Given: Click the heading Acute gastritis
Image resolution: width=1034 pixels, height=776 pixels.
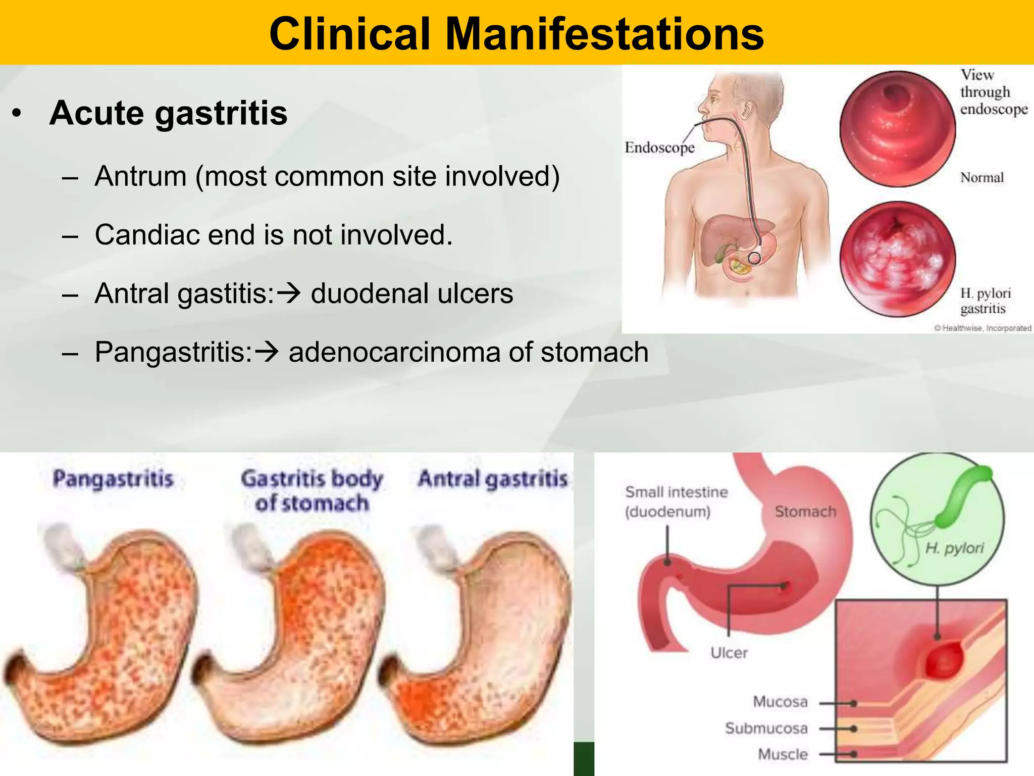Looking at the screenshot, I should tap(169, 113).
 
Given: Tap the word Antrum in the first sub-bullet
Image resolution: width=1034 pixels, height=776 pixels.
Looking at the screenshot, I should tap(140, 176).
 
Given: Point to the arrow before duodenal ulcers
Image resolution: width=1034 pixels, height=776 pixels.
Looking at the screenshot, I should tap(290, 293).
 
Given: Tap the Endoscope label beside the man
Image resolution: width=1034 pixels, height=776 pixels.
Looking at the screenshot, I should tap(659, 148).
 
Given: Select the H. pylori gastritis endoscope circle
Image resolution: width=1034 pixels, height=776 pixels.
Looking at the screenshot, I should tap(897, 259).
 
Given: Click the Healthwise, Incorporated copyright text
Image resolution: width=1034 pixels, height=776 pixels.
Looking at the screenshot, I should tap(983, 328).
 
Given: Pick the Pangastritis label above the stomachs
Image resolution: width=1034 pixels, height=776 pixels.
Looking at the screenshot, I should tap(113, 479).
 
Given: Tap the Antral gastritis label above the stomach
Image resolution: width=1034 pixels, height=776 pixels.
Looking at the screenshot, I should tap(493, 479).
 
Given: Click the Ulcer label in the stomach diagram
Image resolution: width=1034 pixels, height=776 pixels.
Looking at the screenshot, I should tap(729, 653).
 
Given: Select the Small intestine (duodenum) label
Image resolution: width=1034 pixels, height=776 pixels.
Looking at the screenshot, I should tap(676, 502).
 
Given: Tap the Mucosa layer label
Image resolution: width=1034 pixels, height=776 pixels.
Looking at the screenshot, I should tap(780, 702).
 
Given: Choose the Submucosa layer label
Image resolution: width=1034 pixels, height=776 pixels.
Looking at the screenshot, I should tap(766, 728).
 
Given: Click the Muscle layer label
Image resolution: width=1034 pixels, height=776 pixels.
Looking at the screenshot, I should tap(783, 754).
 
